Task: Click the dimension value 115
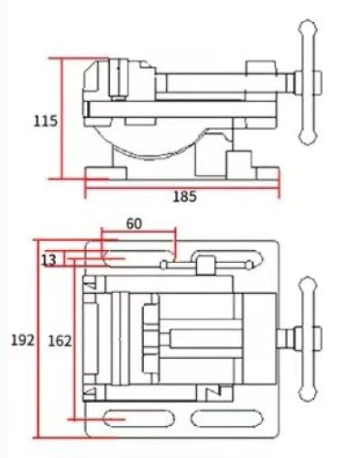click(x=45, y=120)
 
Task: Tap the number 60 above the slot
click(x=134, y=224)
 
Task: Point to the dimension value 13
click(x=49, y=261)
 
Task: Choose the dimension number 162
click(x=59, y=340)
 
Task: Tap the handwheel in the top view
click(x=308, y=340)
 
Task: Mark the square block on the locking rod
click(x=203, y=266)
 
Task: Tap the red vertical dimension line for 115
click(x=62, y=119)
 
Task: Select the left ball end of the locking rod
click(x=164, y=266)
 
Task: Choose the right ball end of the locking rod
click(x=249, y=265)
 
